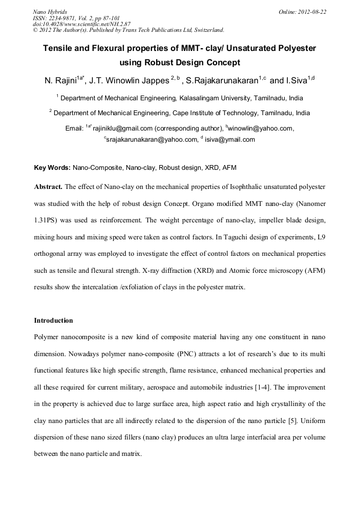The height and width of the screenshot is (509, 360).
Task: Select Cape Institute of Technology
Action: (216, 113)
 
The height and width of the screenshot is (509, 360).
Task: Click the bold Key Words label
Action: (52, 168)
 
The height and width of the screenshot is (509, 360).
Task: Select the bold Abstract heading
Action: (48, 187)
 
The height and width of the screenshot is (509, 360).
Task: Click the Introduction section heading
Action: (53, 321)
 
